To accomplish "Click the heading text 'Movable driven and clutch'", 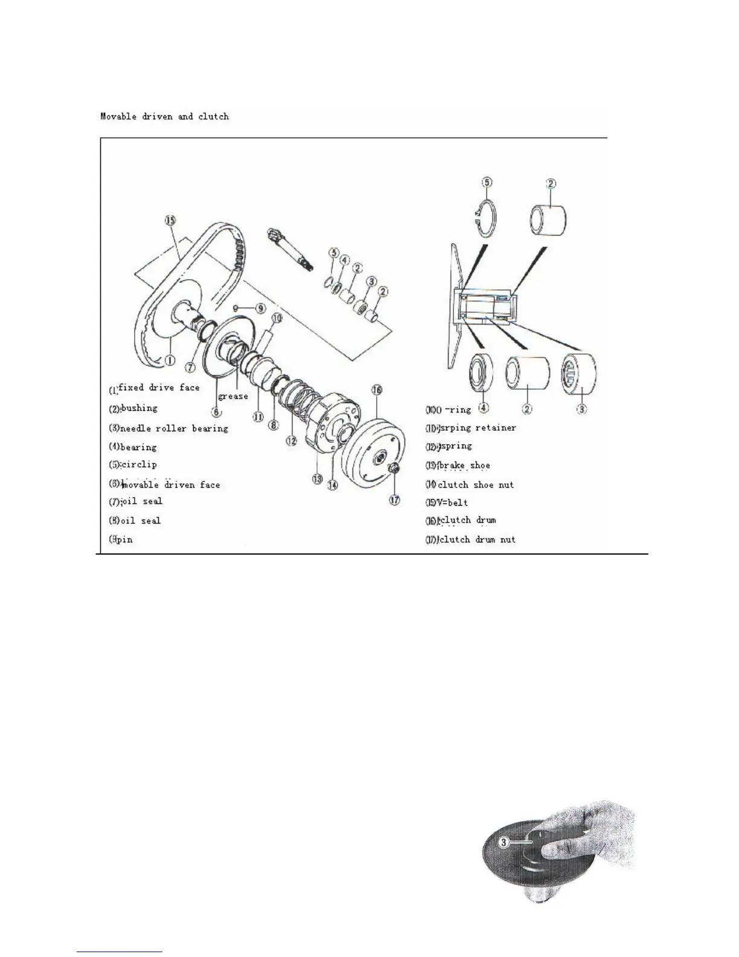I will (164, 116).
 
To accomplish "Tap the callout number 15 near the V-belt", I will (171, 221).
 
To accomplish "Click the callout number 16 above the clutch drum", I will (377, 390).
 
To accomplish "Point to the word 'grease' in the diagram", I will (233, 396).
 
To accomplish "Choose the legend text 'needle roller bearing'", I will (174, 428).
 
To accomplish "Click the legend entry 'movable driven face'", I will (171, 485).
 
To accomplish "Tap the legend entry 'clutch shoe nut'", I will (476, 485).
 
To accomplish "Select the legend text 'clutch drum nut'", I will (477, 540).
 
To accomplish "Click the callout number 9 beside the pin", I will (260, 308).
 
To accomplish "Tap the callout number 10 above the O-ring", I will (277, 317).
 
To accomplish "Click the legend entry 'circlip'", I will (139, 465).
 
